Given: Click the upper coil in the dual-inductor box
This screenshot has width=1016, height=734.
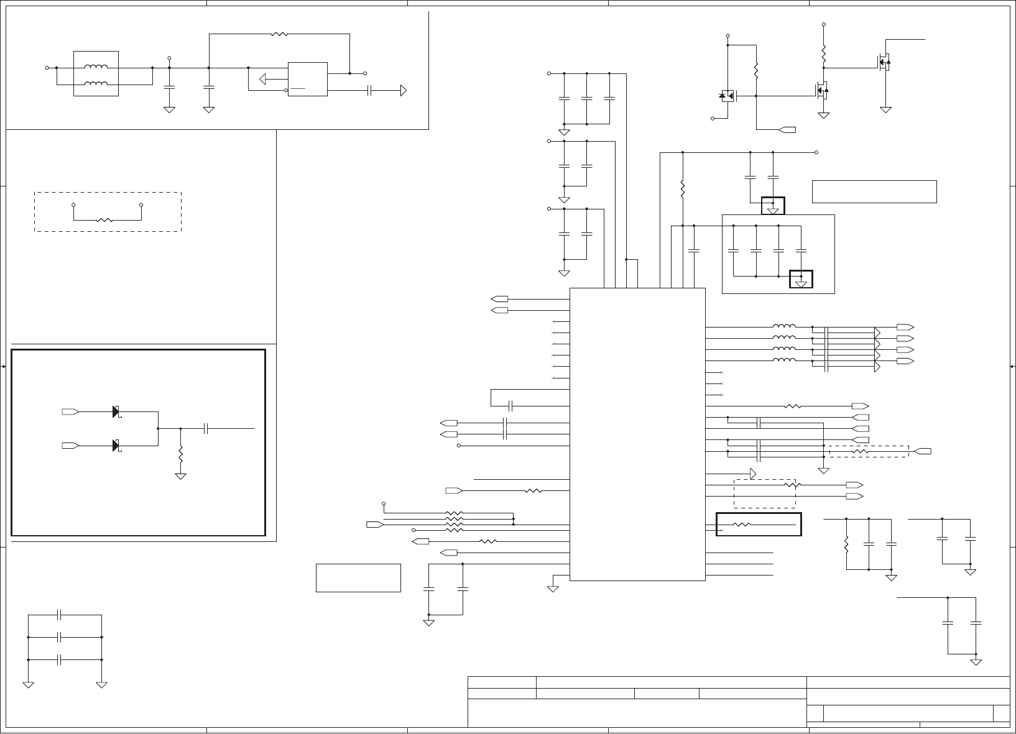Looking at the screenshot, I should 96,67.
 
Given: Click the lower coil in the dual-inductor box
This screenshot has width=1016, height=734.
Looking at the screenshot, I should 96,84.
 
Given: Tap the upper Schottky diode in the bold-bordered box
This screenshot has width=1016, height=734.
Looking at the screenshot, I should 116,411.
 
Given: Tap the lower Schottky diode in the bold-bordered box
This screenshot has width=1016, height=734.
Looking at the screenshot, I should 116,446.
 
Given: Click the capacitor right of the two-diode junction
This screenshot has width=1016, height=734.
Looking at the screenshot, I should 206,428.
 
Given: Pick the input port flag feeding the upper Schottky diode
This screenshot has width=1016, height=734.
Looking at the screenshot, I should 70,411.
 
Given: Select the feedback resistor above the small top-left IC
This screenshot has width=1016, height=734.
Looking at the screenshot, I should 279,34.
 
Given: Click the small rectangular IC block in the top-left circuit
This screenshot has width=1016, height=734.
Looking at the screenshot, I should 307,79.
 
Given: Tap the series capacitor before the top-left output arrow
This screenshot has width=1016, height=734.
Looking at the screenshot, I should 370,91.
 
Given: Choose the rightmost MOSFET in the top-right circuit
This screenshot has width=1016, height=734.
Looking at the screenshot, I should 884,62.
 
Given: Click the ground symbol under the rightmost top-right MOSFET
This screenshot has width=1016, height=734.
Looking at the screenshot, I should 886,110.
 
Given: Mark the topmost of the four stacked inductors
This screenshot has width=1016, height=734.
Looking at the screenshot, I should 783,327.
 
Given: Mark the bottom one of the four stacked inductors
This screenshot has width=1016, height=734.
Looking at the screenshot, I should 783,360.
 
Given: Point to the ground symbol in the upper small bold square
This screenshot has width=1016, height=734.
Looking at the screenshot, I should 773,210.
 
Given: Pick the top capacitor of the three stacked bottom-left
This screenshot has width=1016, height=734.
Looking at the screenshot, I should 60,615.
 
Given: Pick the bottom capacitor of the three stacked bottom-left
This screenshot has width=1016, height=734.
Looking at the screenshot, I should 60,659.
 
